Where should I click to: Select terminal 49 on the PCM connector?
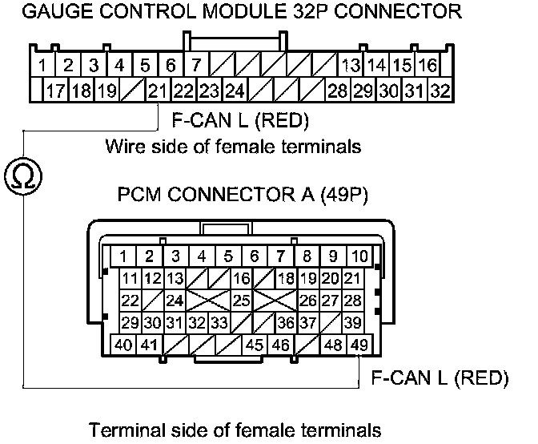click(360, 345)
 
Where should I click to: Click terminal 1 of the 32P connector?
click(41, 64)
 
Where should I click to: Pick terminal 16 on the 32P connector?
click(428, 64)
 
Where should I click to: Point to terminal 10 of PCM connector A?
click(360, 256)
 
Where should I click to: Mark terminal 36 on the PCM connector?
click(283, 323)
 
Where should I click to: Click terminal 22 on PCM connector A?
click(129, 301)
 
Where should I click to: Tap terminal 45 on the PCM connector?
click(255, 345)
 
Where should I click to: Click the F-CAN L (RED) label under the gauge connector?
click(240, 121)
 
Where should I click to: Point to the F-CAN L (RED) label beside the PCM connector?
click(440, 377)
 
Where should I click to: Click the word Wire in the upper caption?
click(122, 147)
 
